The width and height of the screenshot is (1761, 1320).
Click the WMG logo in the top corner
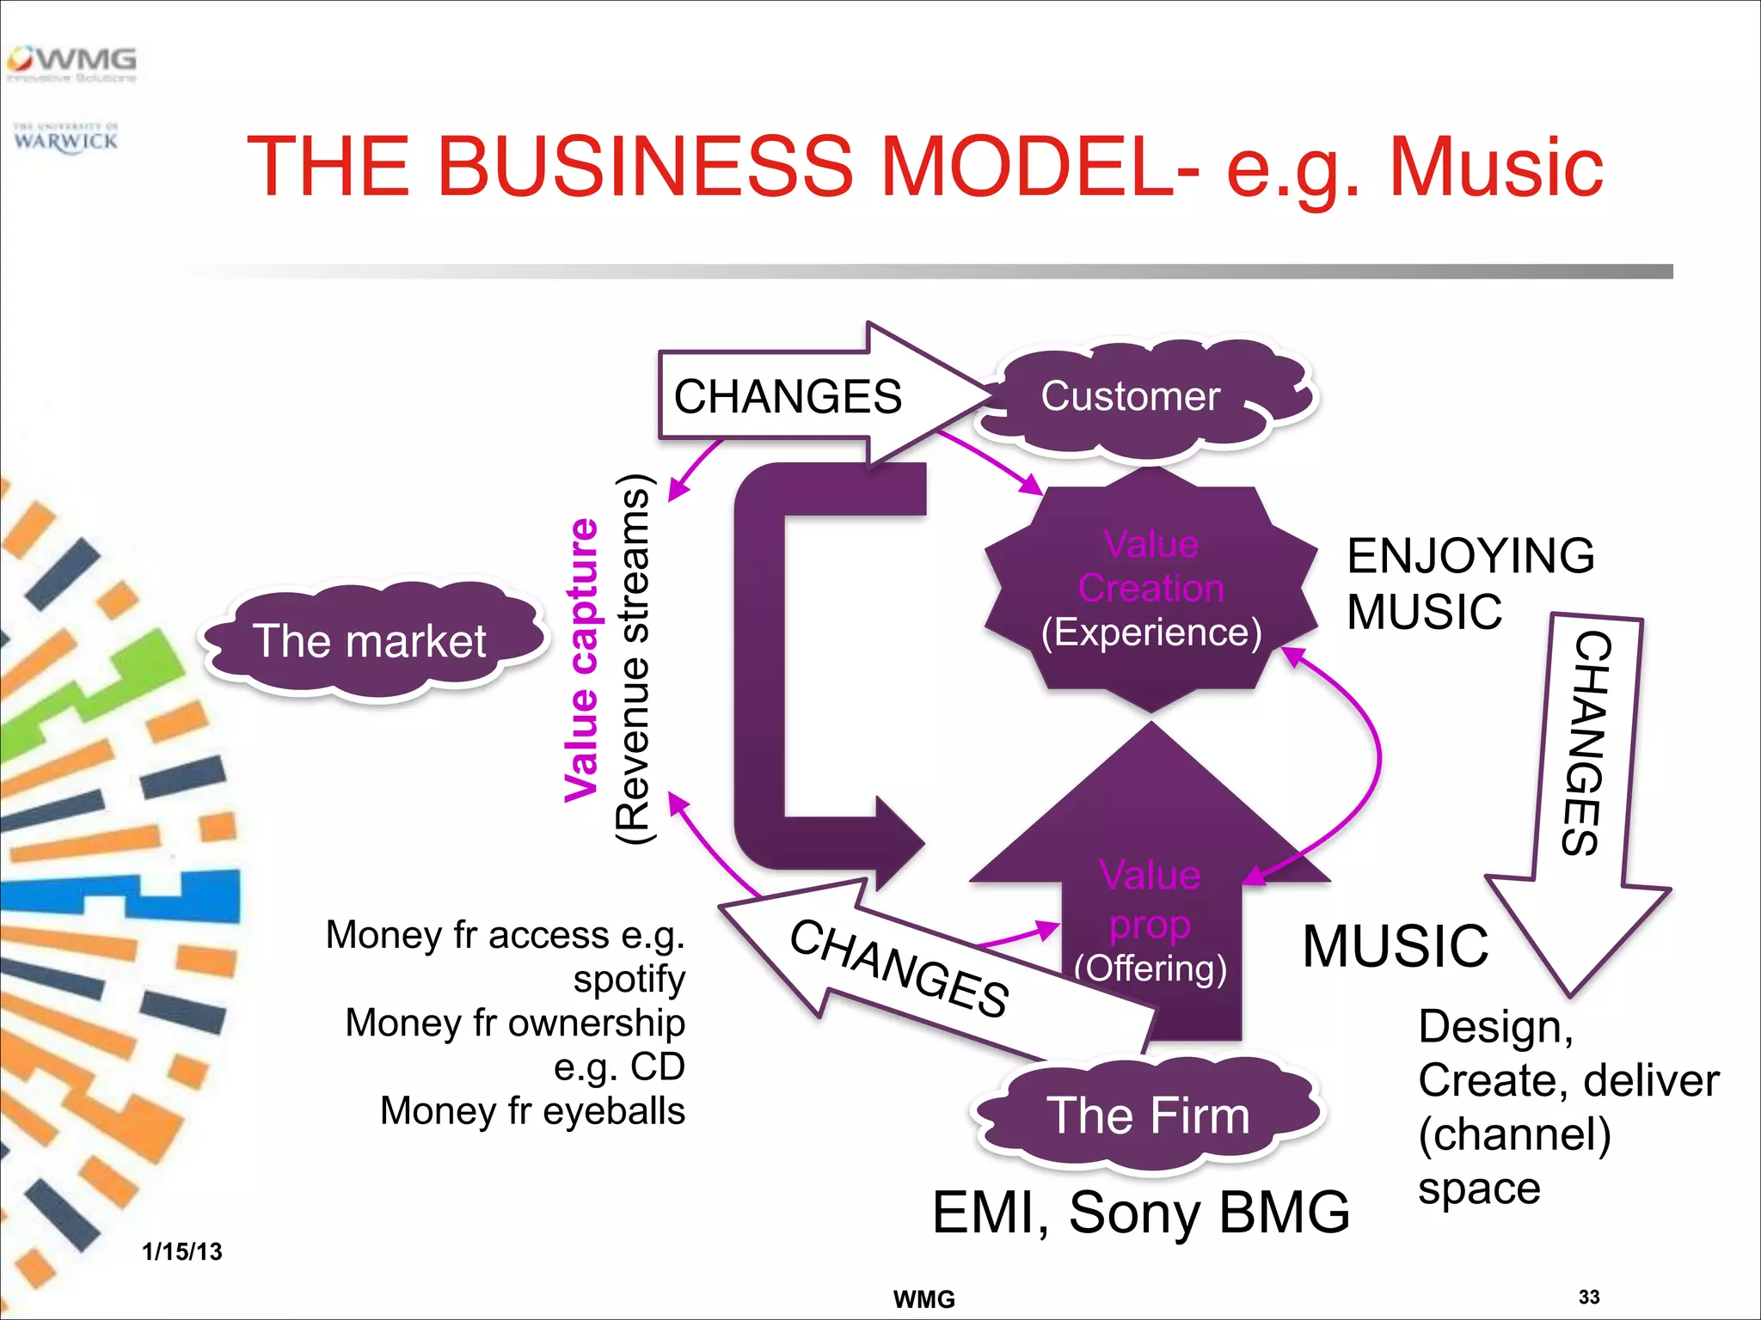(72, 63)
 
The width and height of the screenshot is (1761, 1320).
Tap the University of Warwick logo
(65, 138)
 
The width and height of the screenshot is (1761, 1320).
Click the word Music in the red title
(1496, 167)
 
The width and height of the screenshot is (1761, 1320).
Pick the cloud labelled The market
(370, 641)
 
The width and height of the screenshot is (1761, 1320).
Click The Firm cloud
(1147, 1115)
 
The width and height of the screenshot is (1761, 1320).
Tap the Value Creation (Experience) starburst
(1150, 590)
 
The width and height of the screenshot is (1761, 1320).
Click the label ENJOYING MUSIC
(1469, 583)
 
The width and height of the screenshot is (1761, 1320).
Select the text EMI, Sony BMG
(1140, 1213)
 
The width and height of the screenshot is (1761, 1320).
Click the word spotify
(629, 979)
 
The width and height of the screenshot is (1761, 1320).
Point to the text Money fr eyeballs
(532, 1110)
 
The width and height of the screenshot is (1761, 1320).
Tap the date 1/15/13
(182, 1251)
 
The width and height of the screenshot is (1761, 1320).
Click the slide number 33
(1589, 1297)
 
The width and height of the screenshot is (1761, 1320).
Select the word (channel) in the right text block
(1514, 1134)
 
